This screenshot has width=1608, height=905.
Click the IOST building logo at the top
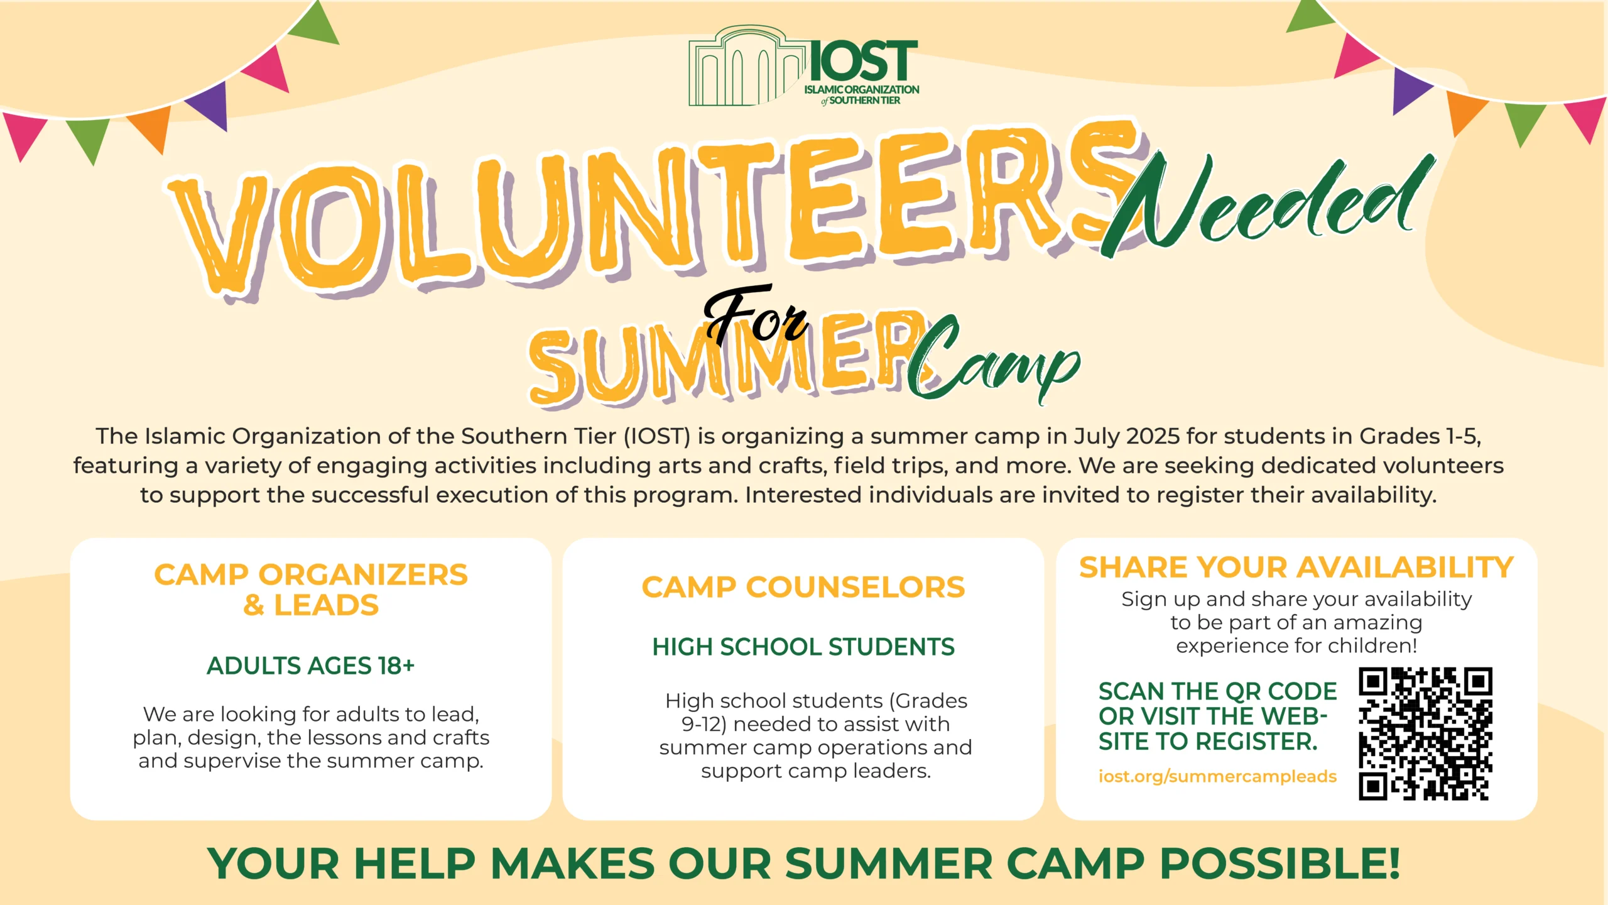[x=804, y=66]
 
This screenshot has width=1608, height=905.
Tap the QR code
[x=1425, y=733]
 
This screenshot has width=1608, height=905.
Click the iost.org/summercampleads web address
[x=1217, y=777]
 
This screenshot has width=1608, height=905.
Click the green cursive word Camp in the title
[x=992, y=361]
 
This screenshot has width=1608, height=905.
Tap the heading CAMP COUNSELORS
[x=803, y=588]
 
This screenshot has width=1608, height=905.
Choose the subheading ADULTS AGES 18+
[x=311, y=666]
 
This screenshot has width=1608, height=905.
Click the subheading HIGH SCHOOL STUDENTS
[x=803, y=647]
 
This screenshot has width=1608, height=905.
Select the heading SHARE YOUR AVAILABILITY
[x=1296, y=568]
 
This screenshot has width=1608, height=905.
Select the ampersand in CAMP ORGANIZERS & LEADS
[x=254, y=605]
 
